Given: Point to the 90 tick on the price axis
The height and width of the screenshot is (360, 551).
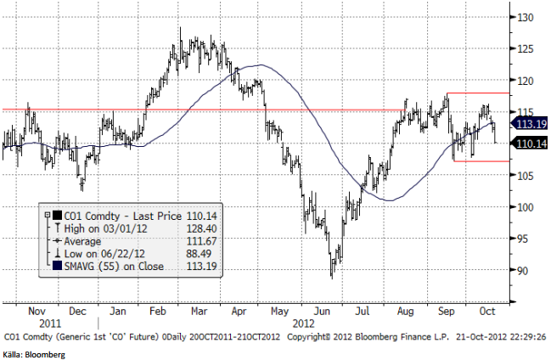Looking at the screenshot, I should point(525,271).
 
